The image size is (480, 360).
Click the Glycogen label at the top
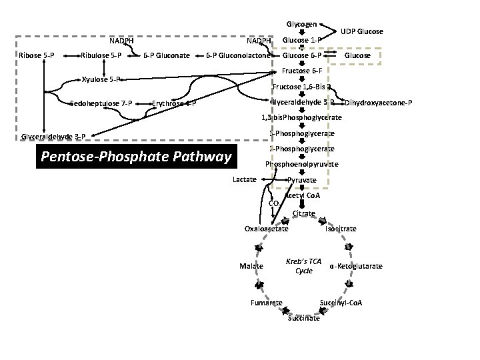pos(301,23)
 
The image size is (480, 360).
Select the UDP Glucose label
pos(361,31)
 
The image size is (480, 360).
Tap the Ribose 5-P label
pos(37,55)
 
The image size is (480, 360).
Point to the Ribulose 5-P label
pos(101,55)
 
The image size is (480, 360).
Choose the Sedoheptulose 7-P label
pos(101,103)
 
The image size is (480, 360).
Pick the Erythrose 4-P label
pos(173,103)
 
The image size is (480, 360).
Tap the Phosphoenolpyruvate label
pos(302,164)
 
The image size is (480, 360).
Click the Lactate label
pos(245,180)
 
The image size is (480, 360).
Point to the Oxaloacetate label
pos(267,229)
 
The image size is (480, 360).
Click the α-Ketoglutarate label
pos(356,266)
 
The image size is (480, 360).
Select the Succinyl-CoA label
pos(341,303)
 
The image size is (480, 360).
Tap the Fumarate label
pos(266,303)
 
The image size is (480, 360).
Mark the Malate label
pos(251,266)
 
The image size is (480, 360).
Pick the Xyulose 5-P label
pos(101,79)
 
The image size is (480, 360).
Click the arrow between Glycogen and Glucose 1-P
pos(301,31)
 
